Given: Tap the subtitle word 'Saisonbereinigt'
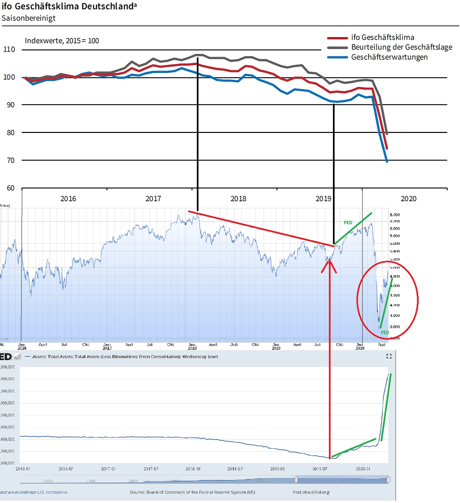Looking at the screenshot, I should click(x=28, y=18).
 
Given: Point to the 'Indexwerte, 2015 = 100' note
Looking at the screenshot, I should click(x=62, y=41).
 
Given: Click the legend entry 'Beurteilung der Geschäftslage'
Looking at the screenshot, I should click(x=401, y=47).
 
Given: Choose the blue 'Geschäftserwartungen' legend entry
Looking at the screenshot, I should click(x=389, y=57).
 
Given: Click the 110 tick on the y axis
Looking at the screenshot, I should click(x=9, y=50).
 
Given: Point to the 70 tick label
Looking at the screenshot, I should click(x=11, y=160).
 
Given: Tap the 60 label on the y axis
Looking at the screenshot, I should click(x=11, y=188).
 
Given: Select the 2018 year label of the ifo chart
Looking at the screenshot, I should click(x=238, y=199).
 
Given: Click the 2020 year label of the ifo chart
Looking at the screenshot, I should click(x=409, y=199).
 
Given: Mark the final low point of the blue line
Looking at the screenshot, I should click(x=387, y=161).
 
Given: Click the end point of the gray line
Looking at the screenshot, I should click(x=387, y=134).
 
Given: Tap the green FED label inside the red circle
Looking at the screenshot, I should click(x=385, y=332).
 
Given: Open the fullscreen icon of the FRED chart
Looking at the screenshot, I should click(x=389, y=356).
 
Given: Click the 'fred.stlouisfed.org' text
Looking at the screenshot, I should click(x=311, y=492).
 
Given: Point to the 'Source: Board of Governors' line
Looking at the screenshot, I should click(x=192, y=492).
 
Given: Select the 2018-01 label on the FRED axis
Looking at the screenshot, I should click(x=193, y=469).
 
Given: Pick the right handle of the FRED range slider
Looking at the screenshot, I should click(x=388, y=480).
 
